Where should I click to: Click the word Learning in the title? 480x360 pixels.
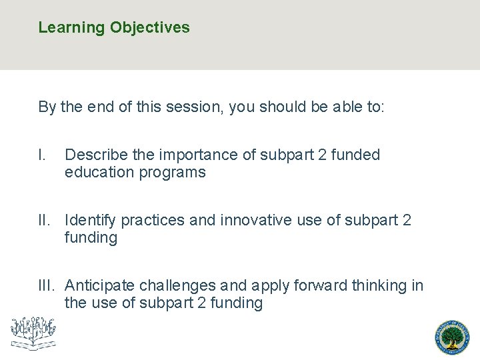point(72,28)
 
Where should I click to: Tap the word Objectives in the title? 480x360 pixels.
point(150,28)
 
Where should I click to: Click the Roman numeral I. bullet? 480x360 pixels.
point(43,155)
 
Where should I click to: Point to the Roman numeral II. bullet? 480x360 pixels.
point(46,220)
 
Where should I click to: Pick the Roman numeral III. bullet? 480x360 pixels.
point(48,285)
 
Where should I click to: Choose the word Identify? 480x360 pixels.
point(90,220)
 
